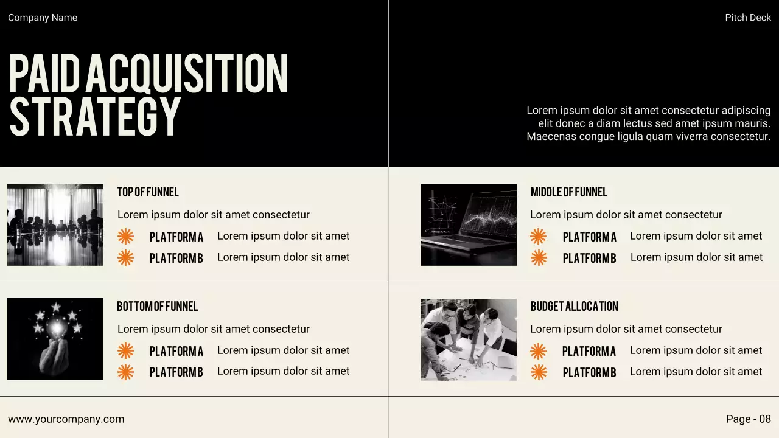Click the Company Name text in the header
click(43, 18)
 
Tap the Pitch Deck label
click(748, 18)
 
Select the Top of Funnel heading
click(148, 192)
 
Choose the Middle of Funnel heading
click(568, 192)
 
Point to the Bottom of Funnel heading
click(157, 307)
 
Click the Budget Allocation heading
click(574, 307)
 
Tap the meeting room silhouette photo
click(55, 224)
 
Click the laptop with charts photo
click(468, 224)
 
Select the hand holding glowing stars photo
click(55, 339)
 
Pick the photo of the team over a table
click(468, 339)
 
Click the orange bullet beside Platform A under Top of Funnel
click(125, 237)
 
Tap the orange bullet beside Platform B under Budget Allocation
click(539, 372)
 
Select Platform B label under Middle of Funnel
click(589, 258)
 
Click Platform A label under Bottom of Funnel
click(176, 351)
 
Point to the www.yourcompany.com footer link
click(66, 419)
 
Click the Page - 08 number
click(748, 419)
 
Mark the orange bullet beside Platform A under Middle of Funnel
click(538, 237)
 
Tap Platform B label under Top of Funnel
click(176, 258)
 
